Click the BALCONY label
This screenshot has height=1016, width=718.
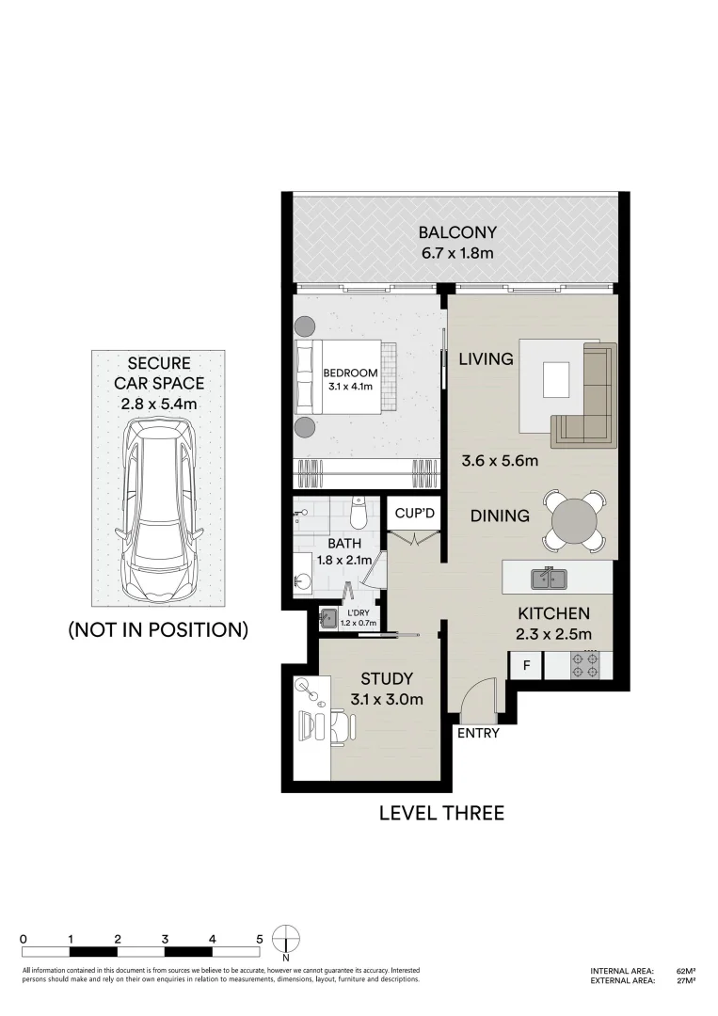point(457,232)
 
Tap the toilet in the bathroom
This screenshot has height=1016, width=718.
point(358,514)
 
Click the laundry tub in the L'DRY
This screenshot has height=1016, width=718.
point(329,618)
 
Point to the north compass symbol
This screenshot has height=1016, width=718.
point(285,941)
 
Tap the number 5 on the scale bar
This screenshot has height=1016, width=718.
point(259,939)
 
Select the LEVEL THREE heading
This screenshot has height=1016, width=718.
point(441,813)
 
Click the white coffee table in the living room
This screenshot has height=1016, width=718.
point(556,381)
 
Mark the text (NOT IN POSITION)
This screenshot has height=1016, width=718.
point(158,630)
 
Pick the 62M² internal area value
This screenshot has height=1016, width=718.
point(685,970)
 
